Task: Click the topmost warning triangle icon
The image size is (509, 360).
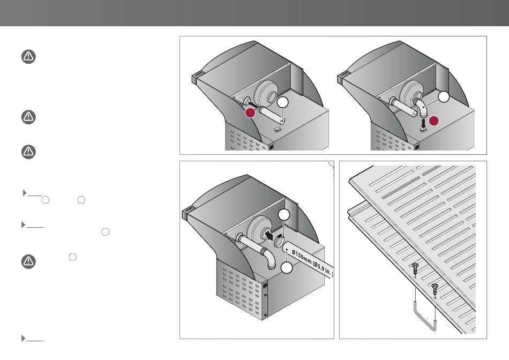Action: pos(28,56)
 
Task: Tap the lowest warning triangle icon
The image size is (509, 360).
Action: pos(28,261)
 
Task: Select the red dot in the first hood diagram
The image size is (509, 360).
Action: pos(250,113)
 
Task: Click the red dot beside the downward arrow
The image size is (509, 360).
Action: pos(433,121)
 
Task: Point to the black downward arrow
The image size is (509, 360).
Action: pos(423,123)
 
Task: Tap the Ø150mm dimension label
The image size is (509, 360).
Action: pos(312,263)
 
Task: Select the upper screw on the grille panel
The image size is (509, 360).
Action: pos(415,269)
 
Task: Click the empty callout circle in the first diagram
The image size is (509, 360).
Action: pos(283,102)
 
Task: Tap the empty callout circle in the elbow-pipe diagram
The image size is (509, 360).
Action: pos(444,97)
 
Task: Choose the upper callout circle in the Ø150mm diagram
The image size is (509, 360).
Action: pos(284,215)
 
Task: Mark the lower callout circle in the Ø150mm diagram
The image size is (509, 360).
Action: pos(286,268)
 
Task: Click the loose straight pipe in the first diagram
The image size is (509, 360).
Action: pos(272,116)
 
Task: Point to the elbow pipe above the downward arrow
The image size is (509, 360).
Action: pos(421,108)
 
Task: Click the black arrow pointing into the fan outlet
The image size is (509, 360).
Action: pos(268,235)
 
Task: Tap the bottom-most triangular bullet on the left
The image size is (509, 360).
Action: pos(24,338)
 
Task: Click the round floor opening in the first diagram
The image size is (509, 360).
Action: pos(278,130)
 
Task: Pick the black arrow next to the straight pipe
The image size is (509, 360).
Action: pos(253,104)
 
